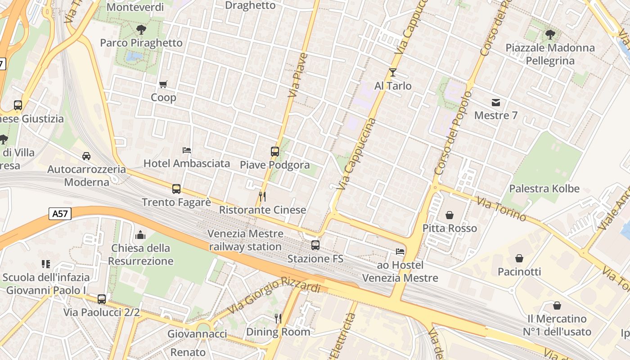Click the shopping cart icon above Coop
click(x=163, y=84)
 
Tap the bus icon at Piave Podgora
click(x=275, y=152)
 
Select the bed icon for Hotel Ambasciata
click(x=187, y=150)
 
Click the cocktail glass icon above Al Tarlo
click(x=393, y=72)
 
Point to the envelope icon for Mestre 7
click(x=496, y=102)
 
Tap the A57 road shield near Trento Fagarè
click(x=60, y=214)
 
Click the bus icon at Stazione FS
click(x=315, y=245)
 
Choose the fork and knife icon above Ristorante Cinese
click(x=263, y=197)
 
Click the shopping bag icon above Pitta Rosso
click(x=449, y=215)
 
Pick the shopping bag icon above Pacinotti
click(x=519, y=258)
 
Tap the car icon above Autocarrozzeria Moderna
click(x=86, y=156)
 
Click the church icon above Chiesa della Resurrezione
click(x=140, y=235)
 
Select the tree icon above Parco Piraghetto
click(x=141, y=30)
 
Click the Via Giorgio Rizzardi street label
click(x=275, y=295)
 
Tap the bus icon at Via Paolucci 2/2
click(x=102, y=299)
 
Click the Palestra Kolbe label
click(x=544, y=189)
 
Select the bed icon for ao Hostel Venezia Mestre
click(x=400, y=252)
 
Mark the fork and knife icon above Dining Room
click(x=278, y=319)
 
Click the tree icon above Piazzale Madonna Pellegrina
click(x=550, y=34)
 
